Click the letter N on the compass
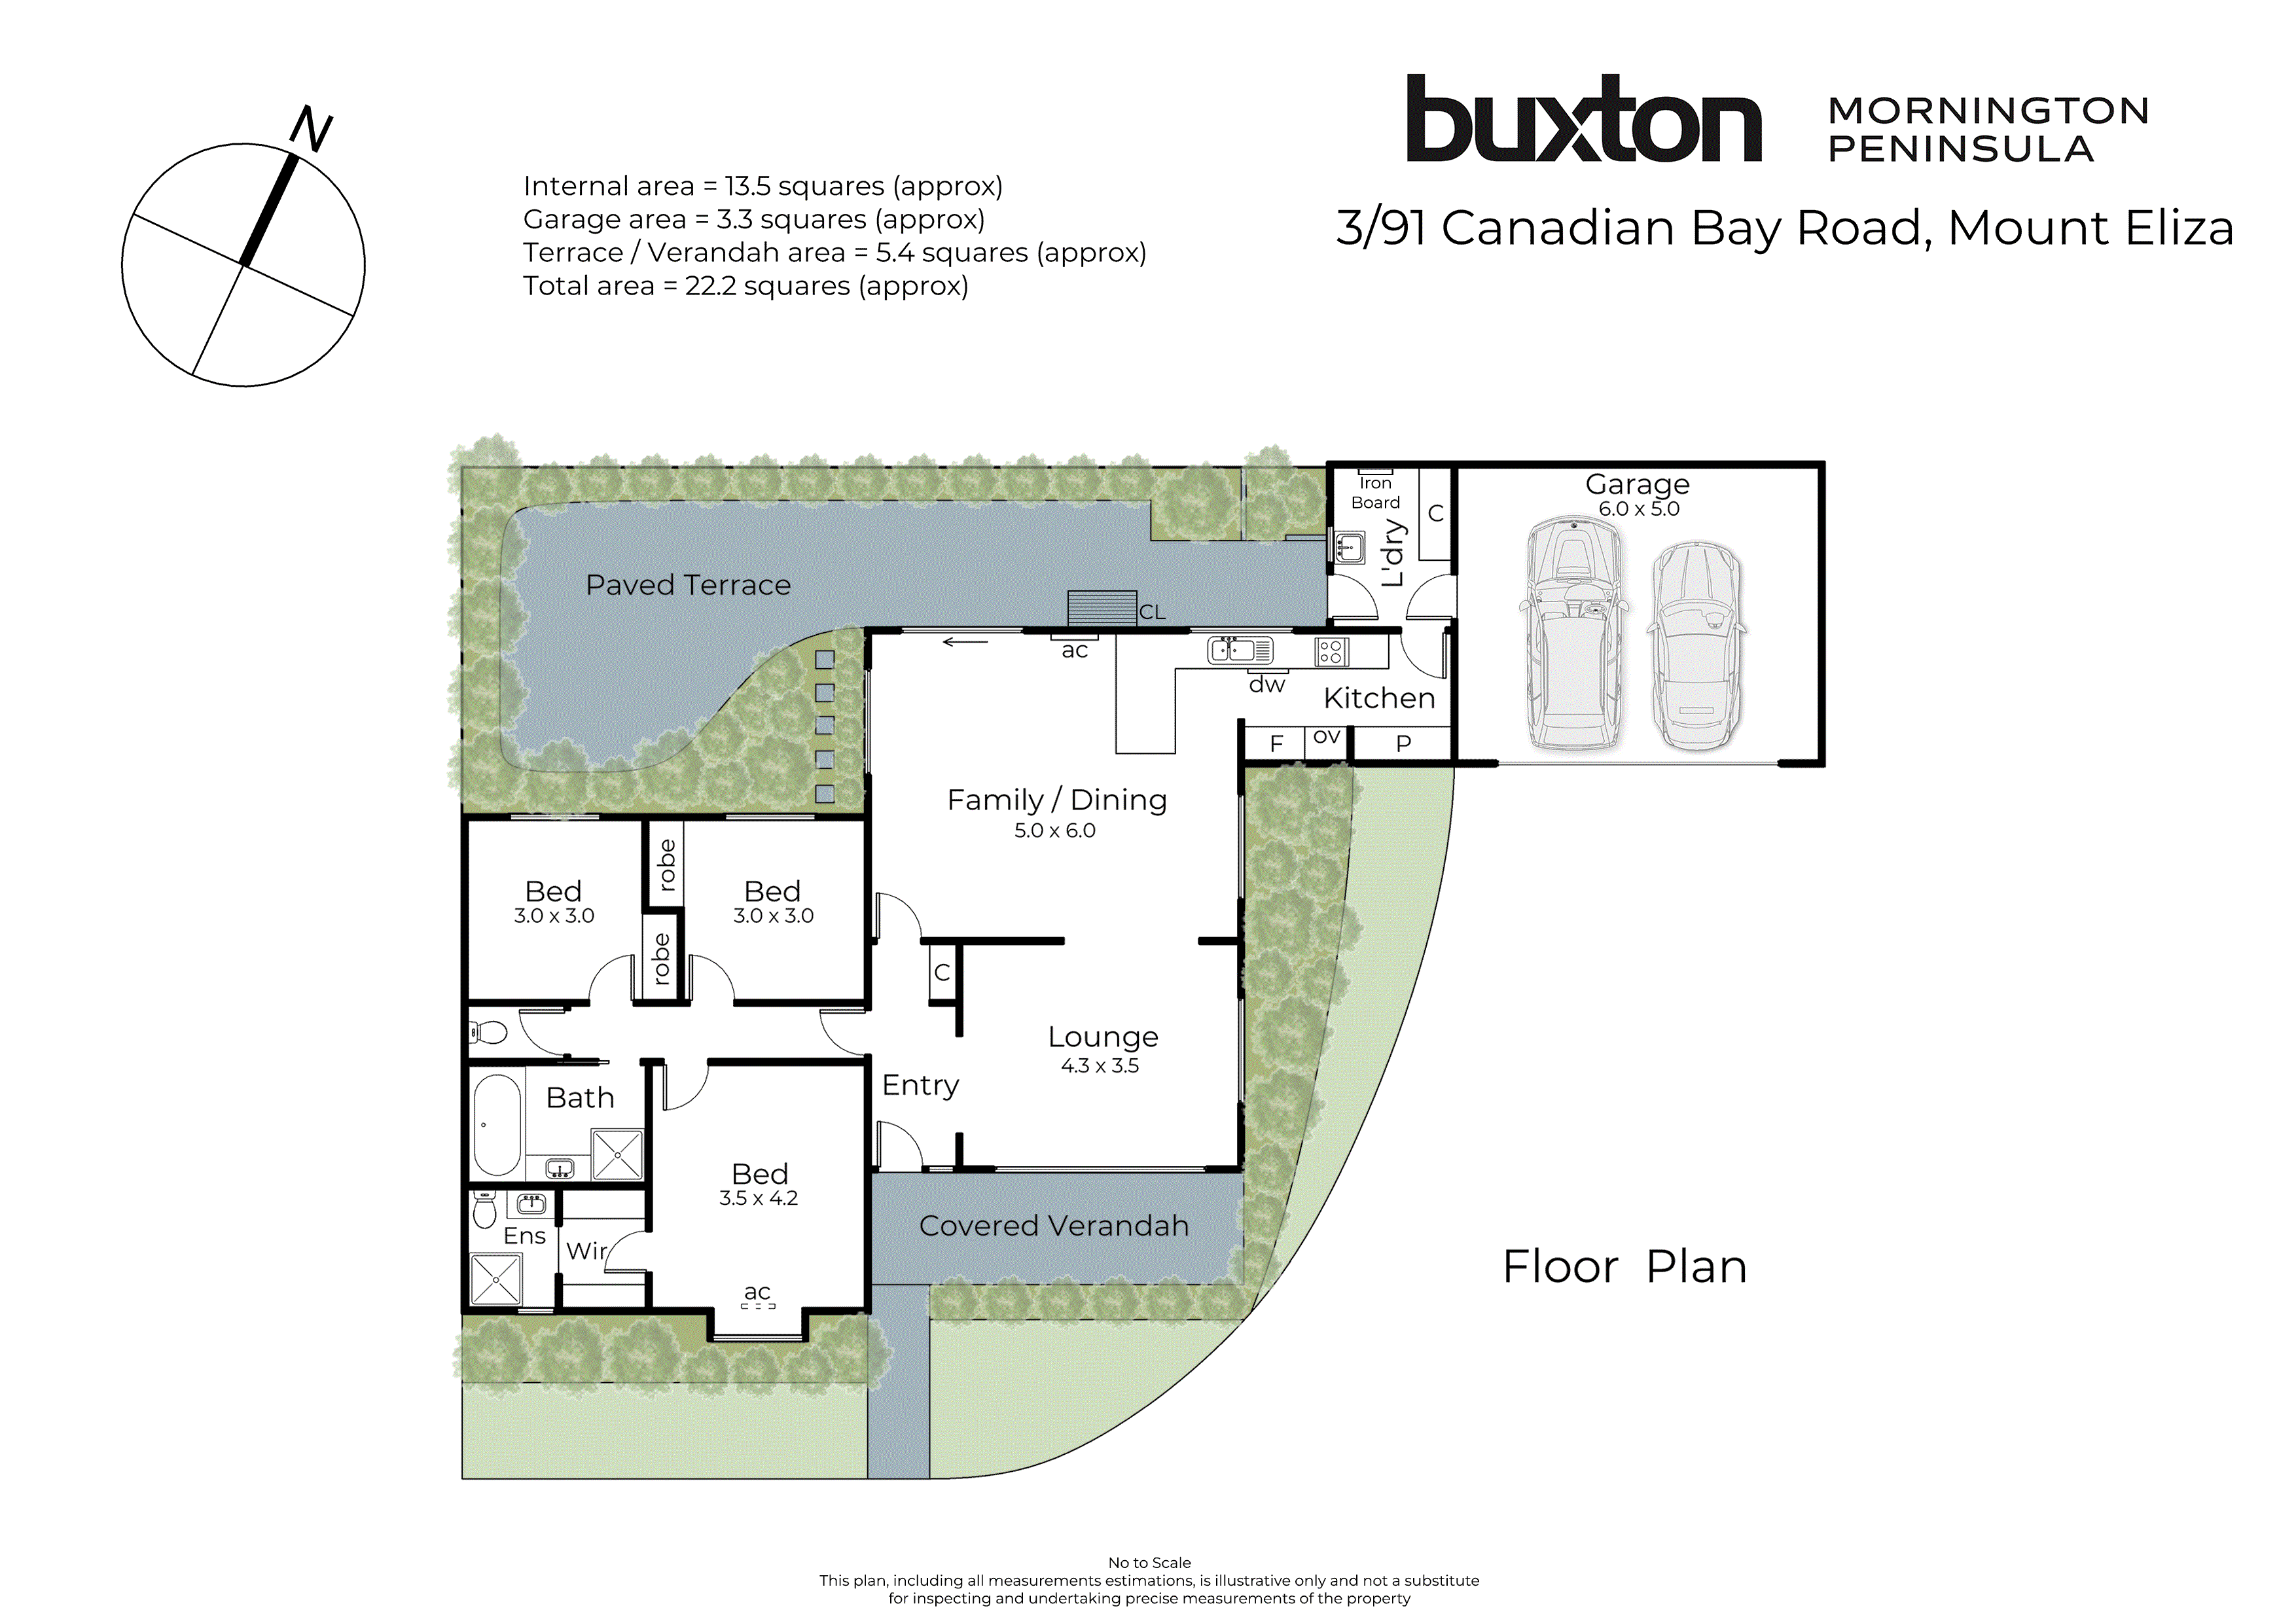click(x=311, y=130)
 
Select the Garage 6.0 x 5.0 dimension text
click(x=1638, y=509)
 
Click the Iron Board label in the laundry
click(x=1375, y=493)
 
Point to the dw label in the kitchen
click(x=1266, y=685)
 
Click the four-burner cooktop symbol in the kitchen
click(x=1331, y=652)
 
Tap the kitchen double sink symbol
click(x=1240, y=650)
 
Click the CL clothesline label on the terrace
click(x=1152, y=612)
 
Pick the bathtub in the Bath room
click(x=497, y=1124)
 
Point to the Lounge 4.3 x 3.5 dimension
click(x=1100, y=1066)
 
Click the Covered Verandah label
click(x=1054, y=1226)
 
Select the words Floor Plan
click(x=1624, y=1267)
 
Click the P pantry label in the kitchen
click(x=1403, y=743)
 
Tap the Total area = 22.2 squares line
click(x=745, y=286)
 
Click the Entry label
click(x=920, y=1085)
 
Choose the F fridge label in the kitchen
click(x=1276, y=743)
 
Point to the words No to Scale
click(x=1149, y=1562)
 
